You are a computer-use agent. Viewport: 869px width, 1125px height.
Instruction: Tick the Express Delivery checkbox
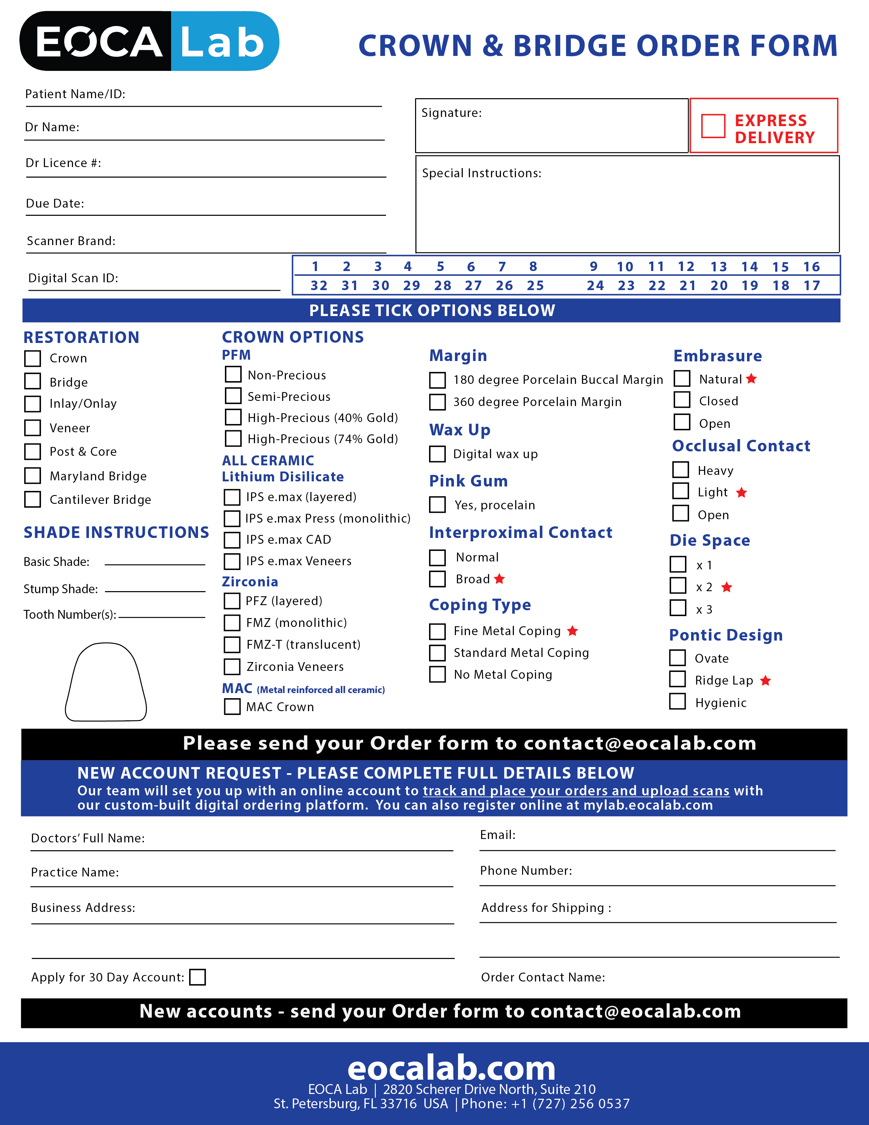click(713, 126)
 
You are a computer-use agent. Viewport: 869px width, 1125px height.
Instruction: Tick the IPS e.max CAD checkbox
click(232, 540)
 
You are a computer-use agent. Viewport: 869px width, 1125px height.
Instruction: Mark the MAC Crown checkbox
click(232, 707)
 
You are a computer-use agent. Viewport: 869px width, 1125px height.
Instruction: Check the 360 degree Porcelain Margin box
click(438, 402)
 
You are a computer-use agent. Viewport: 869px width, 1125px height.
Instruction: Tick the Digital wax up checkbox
click(438, 454)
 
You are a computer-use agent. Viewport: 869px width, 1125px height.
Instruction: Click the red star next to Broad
click(499, 579)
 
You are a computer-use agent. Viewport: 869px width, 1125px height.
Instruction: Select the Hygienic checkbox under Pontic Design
click(677, 702)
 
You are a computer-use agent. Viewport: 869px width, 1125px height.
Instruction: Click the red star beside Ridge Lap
click(765, 680)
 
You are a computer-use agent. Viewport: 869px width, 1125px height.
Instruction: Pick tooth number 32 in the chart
click(319, 285)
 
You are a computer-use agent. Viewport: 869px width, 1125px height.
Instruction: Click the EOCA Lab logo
click(149, 41)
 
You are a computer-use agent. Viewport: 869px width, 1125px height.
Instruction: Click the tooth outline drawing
click(106, 681)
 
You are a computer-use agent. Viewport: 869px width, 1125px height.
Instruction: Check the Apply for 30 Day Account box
click(197, 977)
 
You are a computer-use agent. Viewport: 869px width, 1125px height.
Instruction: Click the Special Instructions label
click(481, 173)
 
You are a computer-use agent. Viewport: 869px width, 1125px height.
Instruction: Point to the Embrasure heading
click(718, 356)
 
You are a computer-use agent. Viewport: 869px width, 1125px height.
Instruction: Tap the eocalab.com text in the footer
click(452, 1068)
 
